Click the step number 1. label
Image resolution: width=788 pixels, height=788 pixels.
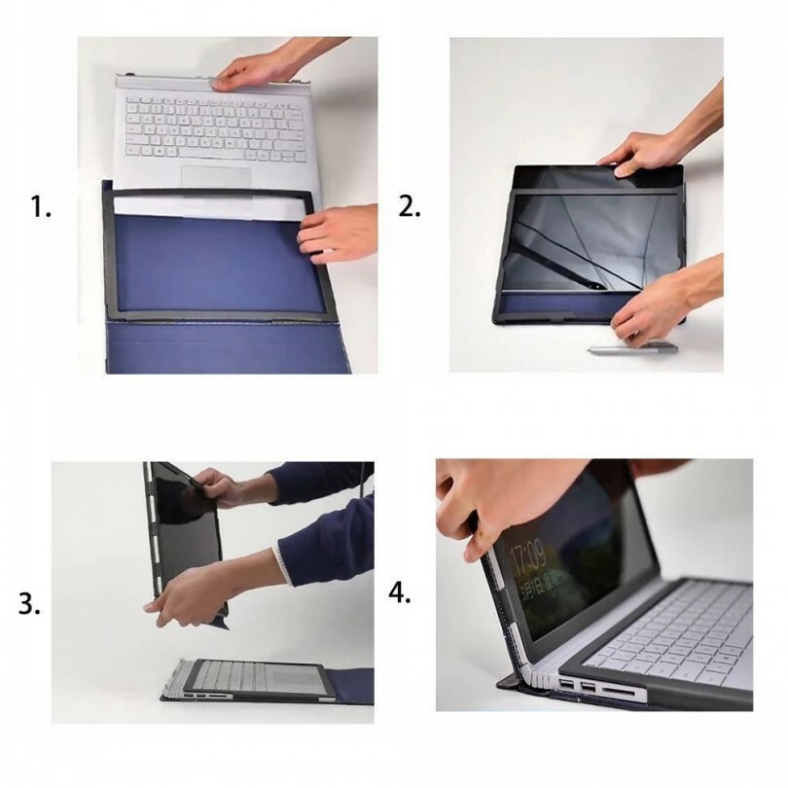point(42,207)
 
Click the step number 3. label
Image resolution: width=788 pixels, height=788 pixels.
point(30,604)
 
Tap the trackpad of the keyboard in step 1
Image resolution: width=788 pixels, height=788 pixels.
point(217,178)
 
